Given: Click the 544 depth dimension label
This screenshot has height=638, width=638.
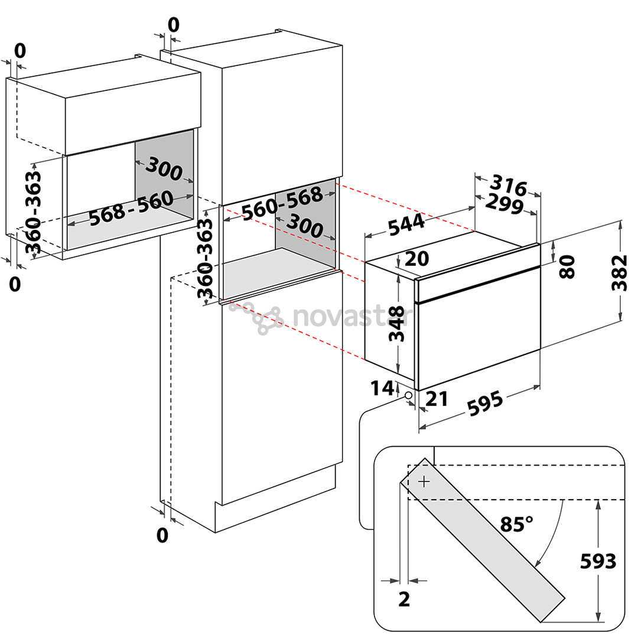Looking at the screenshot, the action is point(406,224).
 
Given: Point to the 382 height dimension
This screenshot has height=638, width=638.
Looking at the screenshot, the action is point(620,272).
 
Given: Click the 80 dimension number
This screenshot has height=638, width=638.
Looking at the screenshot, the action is point(567,267).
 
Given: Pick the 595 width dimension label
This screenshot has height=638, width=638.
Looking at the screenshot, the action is point(485,403).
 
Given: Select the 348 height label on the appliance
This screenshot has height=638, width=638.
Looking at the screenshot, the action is point(397,324).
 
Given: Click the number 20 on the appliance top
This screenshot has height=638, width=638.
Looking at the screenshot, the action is point(417,259).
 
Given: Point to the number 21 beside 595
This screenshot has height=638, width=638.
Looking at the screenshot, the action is point(437,399).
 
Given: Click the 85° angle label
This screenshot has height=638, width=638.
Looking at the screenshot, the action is point(516,524).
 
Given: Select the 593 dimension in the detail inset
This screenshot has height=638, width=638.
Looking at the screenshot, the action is point(598,562).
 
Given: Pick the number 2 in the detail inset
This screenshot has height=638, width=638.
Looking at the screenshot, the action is point(404,600).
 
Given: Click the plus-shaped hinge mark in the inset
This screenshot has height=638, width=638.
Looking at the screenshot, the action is point(424,482).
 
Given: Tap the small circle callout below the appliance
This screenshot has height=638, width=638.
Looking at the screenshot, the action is point(409,395).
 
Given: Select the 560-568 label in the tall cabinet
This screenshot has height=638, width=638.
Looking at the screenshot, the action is point(282,203).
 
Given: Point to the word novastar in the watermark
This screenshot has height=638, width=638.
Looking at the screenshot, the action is point(352,317).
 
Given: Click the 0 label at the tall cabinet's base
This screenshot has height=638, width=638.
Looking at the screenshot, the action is point(162,535).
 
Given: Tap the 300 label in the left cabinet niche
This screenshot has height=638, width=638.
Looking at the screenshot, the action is point(164,169).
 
